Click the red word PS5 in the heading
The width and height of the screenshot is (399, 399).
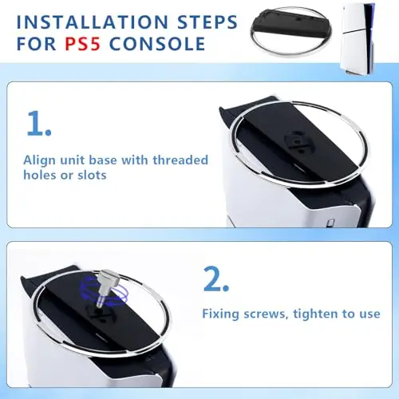click(82, 44)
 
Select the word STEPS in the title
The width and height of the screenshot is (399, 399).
click(207, 22)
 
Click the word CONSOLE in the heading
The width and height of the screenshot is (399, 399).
click(157, 44)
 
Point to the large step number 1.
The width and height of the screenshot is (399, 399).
click(39, 124)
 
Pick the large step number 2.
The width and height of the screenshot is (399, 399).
click(216, 279)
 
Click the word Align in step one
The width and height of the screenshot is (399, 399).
click(40, 161)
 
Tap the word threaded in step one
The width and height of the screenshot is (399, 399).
click(180, 160)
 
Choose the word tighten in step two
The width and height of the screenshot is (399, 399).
click(316, 314)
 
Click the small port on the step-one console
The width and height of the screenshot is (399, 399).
click(331, 222)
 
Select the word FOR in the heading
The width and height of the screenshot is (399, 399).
click(36, 44)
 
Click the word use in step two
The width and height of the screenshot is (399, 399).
click(369, 314)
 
